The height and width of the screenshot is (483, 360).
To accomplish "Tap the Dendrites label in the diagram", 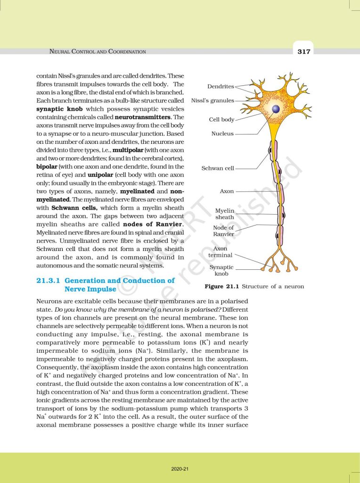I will point(221,87).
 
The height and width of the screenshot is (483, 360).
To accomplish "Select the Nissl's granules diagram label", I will point(213,100).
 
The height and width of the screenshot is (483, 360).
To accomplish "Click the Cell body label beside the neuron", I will point(221,120).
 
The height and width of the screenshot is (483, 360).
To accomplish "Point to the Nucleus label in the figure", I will point(222,134).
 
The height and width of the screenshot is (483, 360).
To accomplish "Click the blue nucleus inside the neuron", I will point(276,109).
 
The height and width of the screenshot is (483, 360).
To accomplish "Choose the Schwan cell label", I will point(218,168).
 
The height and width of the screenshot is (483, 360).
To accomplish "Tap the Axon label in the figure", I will point(227,192).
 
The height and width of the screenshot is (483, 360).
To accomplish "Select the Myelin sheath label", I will point(224,214).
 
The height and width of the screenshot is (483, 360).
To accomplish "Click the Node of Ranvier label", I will point(223,231).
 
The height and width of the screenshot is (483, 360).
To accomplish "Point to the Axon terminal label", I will point(220,252).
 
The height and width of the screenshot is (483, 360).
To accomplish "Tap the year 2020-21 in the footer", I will point(180,469).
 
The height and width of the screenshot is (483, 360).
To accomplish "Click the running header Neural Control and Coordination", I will point(98,51).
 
